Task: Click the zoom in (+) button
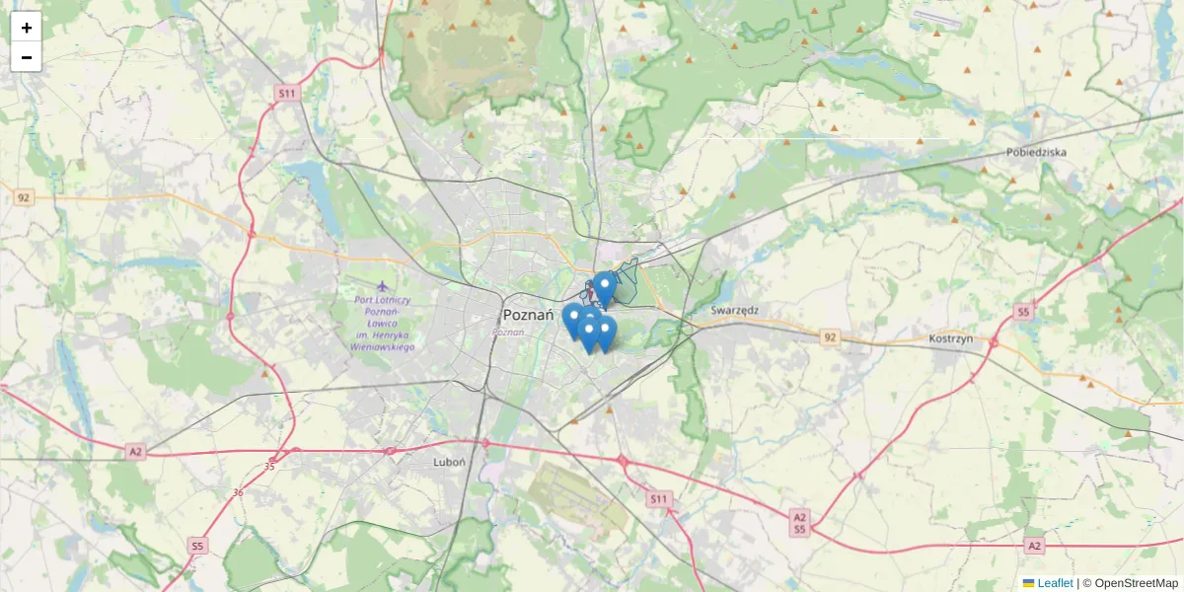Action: [27, 28]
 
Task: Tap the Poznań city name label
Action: [528, 315]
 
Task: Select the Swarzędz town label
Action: [735, 310]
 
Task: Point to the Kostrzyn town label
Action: [951, 337]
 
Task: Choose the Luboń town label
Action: [449, 461]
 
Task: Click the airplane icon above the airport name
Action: [383, 287]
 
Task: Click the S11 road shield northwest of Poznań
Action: [286, 94]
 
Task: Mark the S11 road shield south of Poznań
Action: [659, 499]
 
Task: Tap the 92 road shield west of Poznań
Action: [24, 197]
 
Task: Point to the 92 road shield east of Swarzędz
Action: [830, 337]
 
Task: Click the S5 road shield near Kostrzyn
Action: [1023, 312]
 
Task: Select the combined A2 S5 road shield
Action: [799, 523]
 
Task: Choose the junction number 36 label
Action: [238, 492]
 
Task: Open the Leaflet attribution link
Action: [1055, 583]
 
